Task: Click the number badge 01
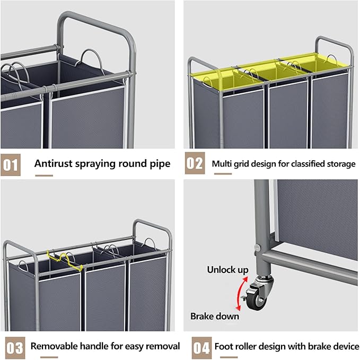(x=11, y=164)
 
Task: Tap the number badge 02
(x=195, y=164)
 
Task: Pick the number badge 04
(x=201, y=347)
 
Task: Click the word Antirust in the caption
(x=55, y=163)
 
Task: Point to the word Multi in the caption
(x=223, y=164)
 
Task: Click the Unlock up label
(x=227, y=270)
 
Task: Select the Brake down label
(x=215, y=316)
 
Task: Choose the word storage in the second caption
(x=339, y=164)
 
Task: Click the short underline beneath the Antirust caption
(x=43, y=175)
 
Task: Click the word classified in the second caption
(x=302, y=164)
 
